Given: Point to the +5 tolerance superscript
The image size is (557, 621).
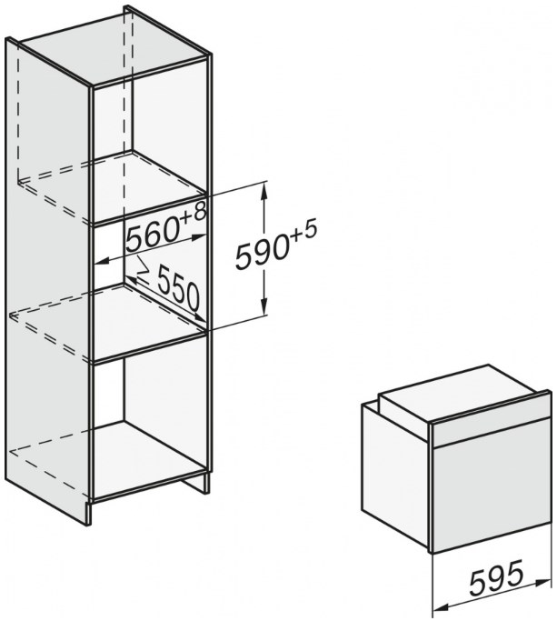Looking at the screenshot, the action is pos(304,233).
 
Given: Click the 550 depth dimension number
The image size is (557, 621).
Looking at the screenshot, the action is pos(178,288).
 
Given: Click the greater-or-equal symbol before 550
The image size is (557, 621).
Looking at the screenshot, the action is pos(144,271).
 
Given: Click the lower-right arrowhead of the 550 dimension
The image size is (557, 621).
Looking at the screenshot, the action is pos(199,317).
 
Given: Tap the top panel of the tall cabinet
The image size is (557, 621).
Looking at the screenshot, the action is pos(114,49).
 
